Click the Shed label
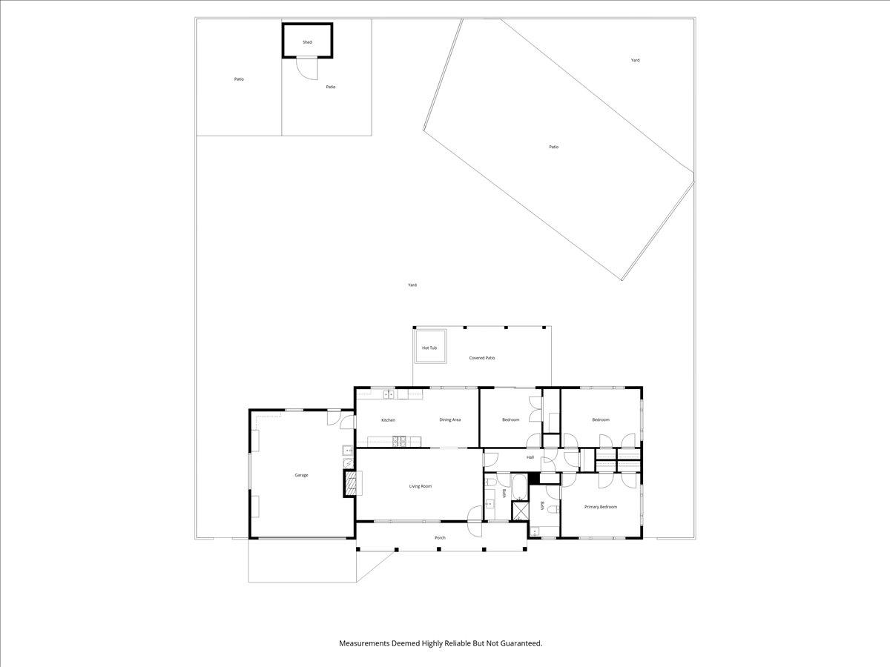coord(307,42)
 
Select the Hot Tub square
coord(430,347)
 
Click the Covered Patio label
coord(481,358)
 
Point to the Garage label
coord(301,475)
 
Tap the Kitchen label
coord(388,420)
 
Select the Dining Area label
coord(449,420)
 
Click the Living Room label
coord(420,486)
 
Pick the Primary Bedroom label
coord(600,507)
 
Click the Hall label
coord(530,457)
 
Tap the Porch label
coord(440,537)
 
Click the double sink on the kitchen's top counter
coord(388,394)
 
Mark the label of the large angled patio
coord(553,147)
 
